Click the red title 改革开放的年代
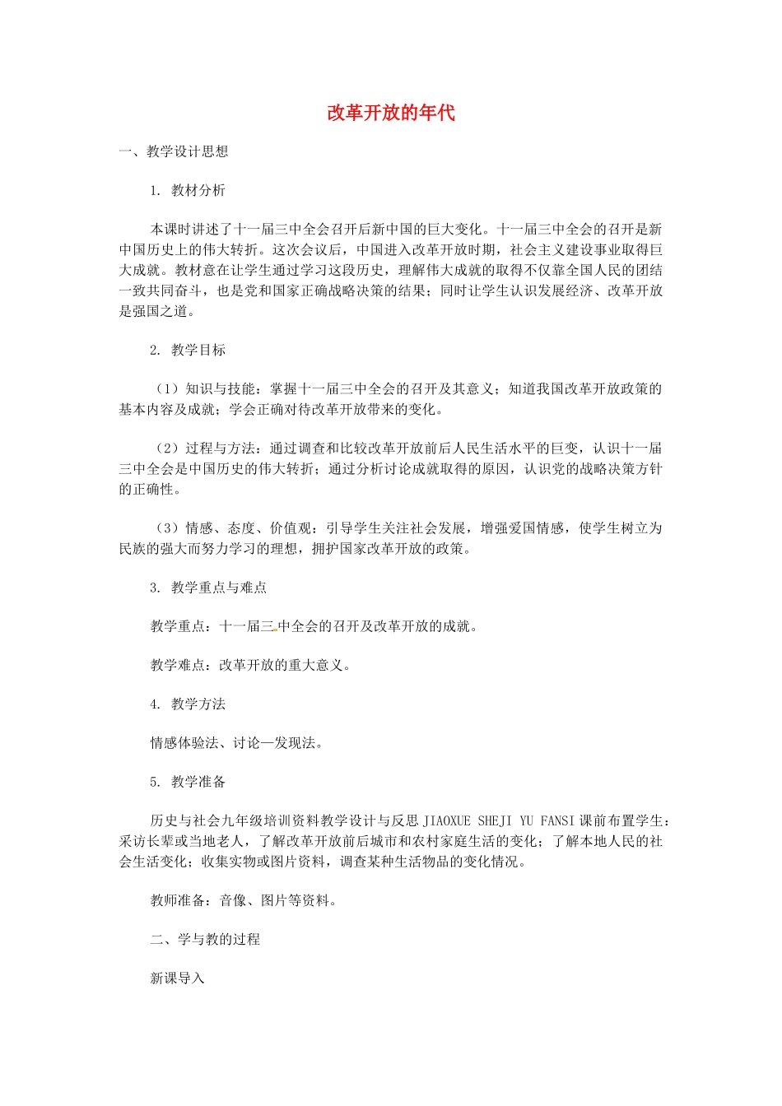tap(390, 113)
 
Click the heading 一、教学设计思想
tap(174, 151)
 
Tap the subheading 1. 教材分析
tap(188, 190)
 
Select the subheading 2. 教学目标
tap(188, 350)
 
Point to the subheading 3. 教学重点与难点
tap(208, 588)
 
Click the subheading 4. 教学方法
tap(188, 704)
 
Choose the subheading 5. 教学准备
tap(188, 782)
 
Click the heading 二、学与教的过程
tap(205, 939)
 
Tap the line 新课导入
tap(177, 978)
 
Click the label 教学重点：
tap(184, 626)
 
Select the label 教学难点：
tap(184, 665)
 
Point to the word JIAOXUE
tap(447, 820)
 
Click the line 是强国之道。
tap(158, 311)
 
